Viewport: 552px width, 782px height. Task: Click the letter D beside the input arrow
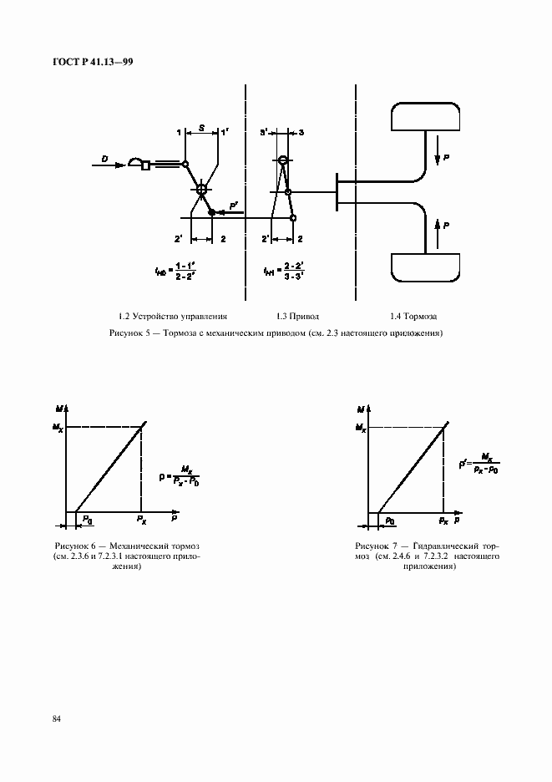[104, 157]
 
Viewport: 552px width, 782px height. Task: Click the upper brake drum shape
[425, 118]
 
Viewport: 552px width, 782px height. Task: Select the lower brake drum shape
[425, 267]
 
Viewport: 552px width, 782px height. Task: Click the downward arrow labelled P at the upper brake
[438, 156]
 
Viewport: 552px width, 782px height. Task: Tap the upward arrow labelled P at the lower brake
[438, 226]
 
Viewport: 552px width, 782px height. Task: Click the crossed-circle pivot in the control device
[201, 190]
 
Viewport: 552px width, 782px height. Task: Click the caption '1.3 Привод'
[297, 317]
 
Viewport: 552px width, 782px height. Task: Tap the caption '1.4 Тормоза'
[413, 317]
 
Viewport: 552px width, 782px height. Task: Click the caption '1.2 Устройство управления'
[173, 317]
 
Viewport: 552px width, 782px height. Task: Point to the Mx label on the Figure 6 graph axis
[57, 427]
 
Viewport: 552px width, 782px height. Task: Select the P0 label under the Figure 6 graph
[87, 520]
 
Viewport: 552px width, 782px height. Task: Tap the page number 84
[58, 719]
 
